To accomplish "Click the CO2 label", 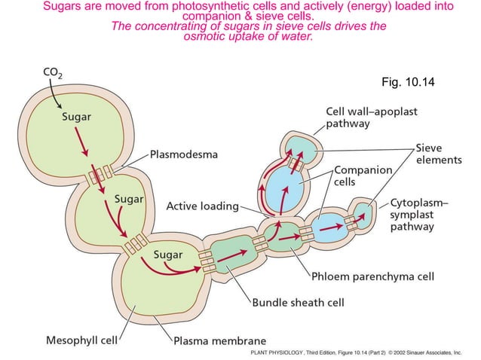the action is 53,73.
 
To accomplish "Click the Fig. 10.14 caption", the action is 408,82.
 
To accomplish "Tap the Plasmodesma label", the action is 184,154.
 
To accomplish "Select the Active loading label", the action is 203,206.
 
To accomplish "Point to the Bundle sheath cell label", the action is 298,303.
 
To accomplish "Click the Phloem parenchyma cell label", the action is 372,276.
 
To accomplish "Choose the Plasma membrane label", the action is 220,340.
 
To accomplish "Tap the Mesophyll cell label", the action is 81,340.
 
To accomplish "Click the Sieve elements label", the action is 439,154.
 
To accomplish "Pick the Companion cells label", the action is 363,175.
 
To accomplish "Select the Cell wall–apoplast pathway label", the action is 372,117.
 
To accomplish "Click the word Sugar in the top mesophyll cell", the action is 76,117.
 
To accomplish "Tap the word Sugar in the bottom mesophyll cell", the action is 168,255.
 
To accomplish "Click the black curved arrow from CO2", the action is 54,93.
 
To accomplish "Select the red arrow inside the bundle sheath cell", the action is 232,256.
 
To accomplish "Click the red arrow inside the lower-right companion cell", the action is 331,227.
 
